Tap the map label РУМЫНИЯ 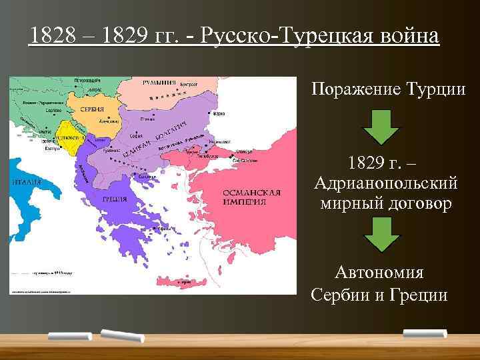(x=159, y=83)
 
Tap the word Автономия (x=379, y=273)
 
